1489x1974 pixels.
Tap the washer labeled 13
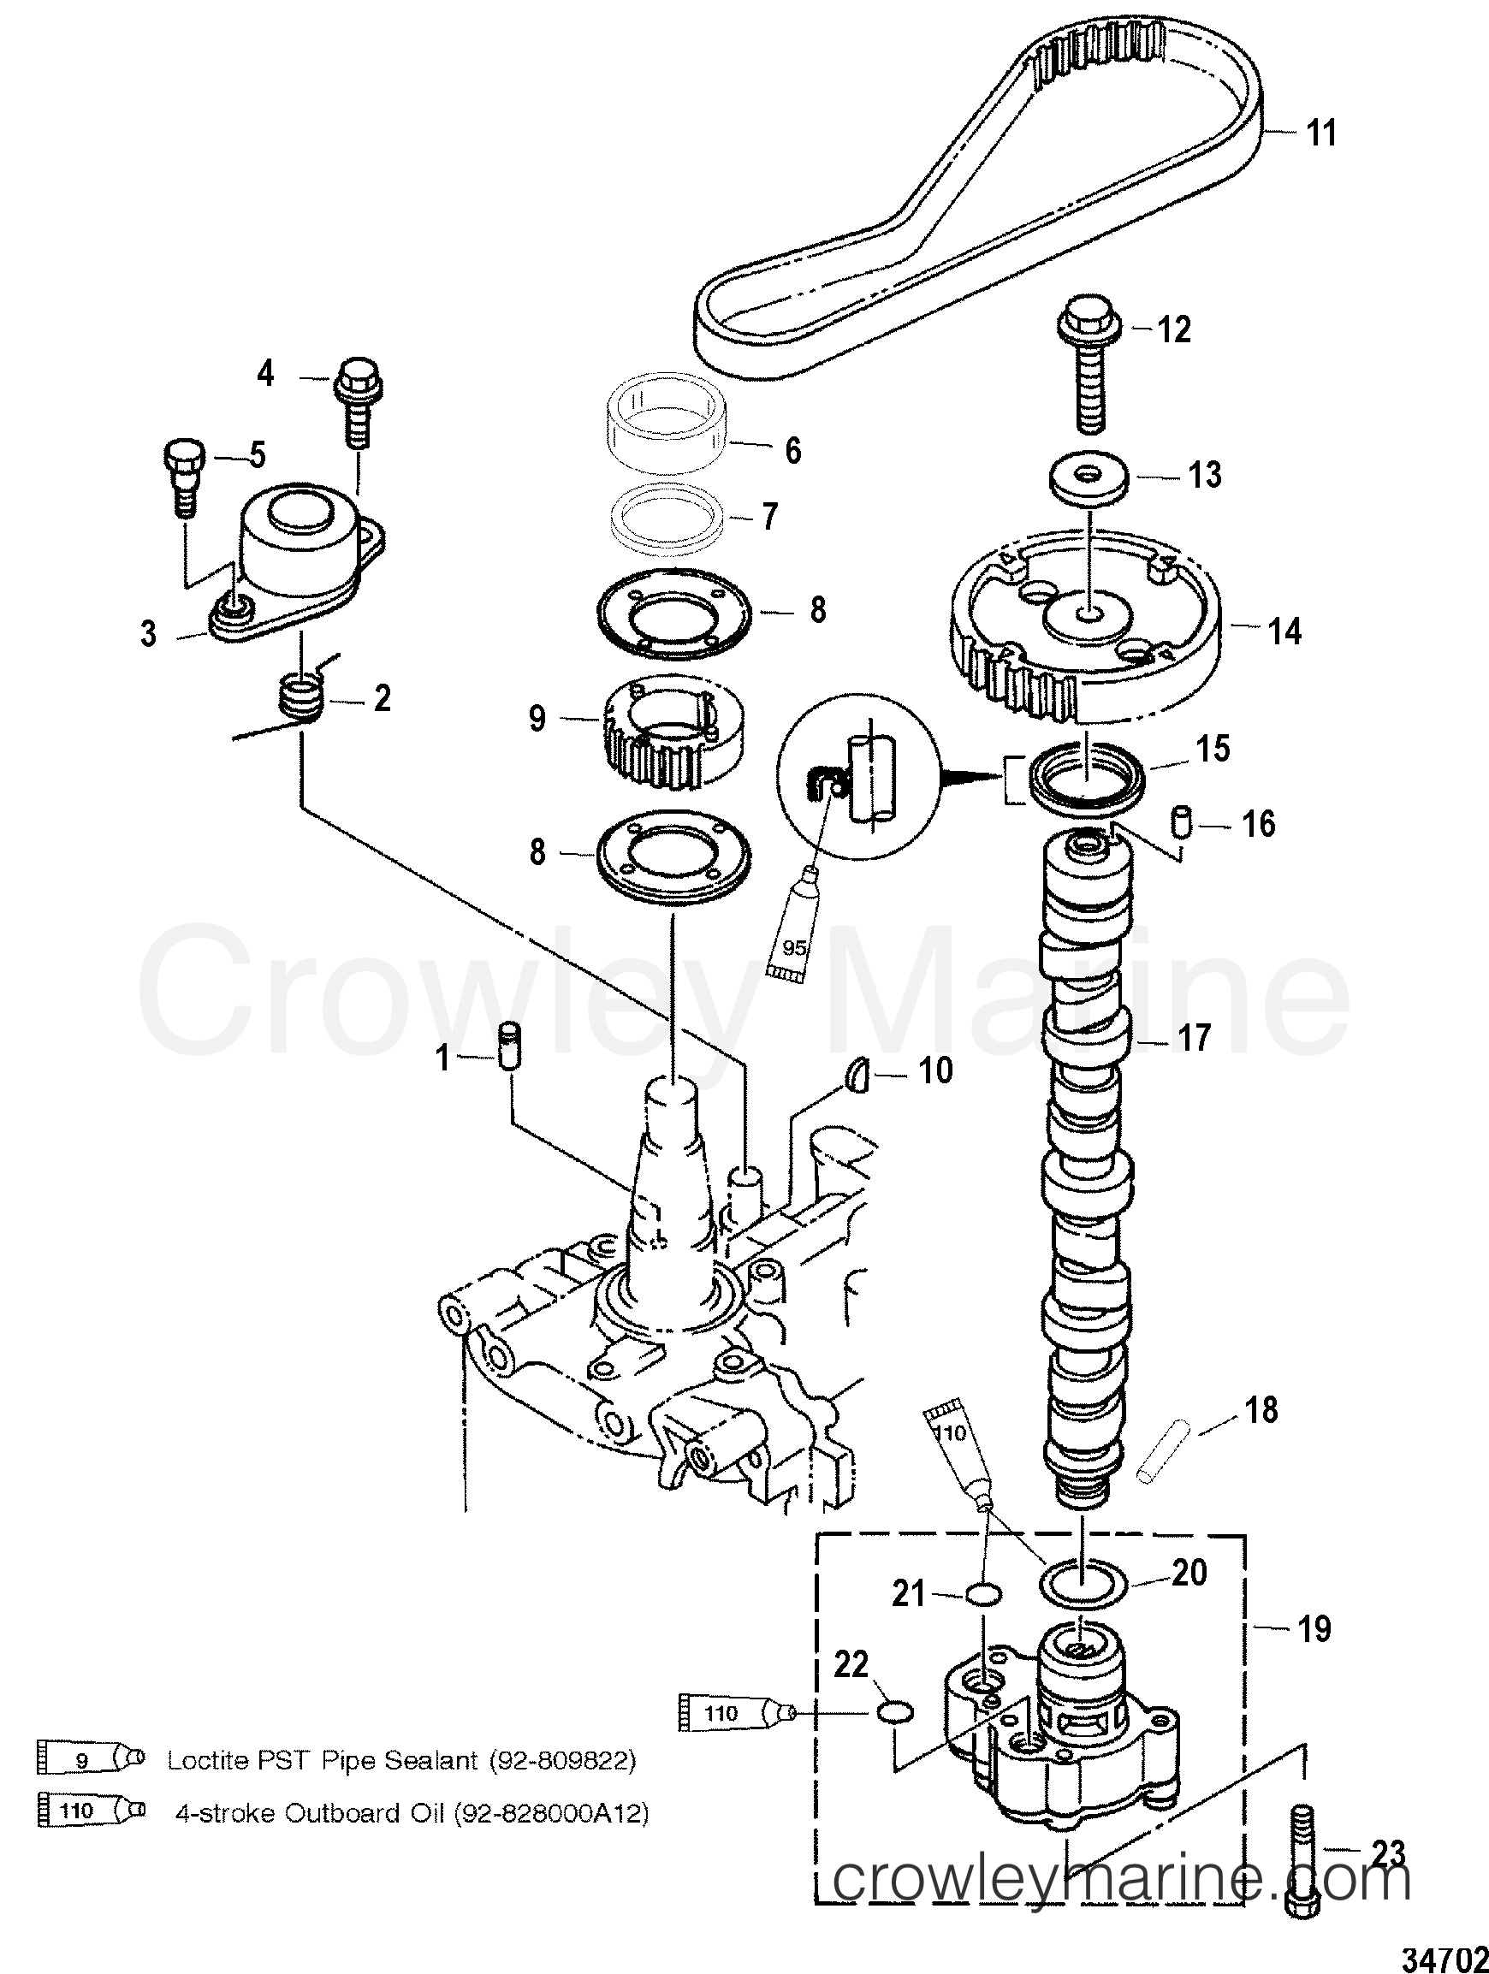[1091, 477]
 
